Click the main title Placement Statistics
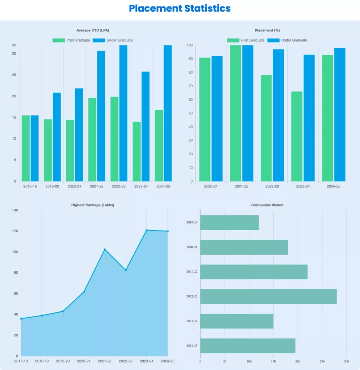pos(180,8)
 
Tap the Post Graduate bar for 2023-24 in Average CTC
pos(137,151)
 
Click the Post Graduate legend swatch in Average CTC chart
pos(58,40)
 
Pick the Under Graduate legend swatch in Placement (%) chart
pos(273,40)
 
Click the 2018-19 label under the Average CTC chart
pos(30,186)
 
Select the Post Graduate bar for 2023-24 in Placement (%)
pos(297,136)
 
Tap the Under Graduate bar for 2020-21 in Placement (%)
pos(217,119)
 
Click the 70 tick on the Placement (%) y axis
pos(190,86)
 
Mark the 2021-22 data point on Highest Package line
pos(105,250)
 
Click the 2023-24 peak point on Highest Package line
pos(147,230)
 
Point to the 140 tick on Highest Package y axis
pos(14,210)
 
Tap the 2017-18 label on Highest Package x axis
pos(21,361)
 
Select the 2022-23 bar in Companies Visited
pos(268,296)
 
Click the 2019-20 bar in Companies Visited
pos(230,223)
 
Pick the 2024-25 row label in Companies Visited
pos(192,346)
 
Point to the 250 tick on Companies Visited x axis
pos(322,361)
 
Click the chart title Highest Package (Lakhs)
pos(93,205)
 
